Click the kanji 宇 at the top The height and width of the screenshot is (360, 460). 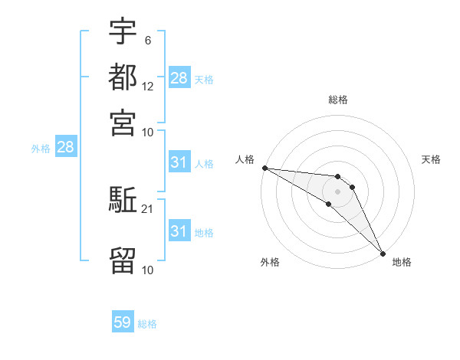(123, 32)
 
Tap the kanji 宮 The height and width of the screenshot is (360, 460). (123, 122)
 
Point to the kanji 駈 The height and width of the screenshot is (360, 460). (123, 201)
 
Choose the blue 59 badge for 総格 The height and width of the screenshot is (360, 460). (123, 323)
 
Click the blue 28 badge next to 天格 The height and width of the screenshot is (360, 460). (179, 78)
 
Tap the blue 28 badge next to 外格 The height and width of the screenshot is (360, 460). (65, 148)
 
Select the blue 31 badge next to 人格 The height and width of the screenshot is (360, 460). (179, 162)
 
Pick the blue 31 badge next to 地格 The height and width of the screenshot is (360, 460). (179, 231)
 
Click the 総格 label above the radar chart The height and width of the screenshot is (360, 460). (338, 100)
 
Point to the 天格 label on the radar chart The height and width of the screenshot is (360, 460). (431, 159)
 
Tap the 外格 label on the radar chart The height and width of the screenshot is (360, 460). (270, 262)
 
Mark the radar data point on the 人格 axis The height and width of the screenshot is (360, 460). (264, 168)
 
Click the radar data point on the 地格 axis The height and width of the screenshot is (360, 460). (383, 253)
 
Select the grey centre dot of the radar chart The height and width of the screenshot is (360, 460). (338, 191)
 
